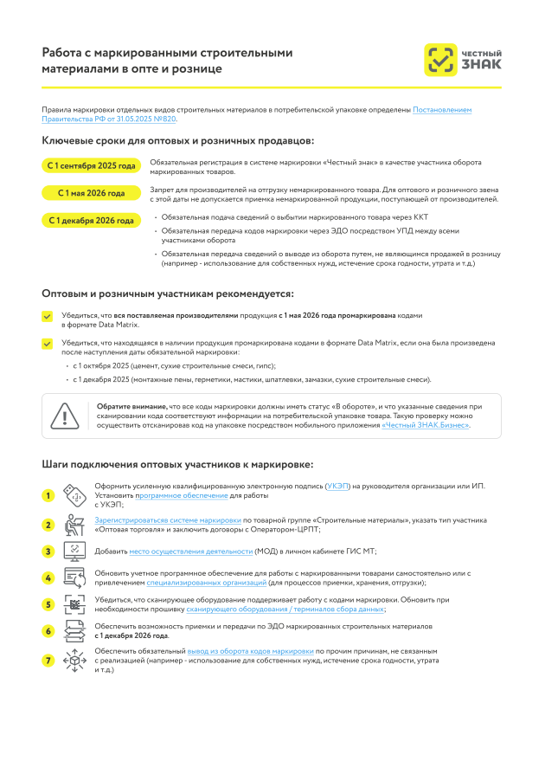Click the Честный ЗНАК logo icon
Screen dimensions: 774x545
pos(440,59)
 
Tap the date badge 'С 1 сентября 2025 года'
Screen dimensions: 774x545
pos(92,165)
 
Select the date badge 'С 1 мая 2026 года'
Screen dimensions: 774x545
pos(92,193)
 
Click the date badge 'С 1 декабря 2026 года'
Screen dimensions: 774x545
pos(92,221)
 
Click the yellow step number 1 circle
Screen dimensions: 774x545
pos(48,496)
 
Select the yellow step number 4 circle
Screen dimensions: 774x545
pos(48,578)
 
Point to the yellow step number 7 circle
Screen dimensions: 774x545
pos(48,661)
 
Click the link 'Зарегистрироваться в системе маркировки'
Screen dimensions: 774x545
pos(168,520)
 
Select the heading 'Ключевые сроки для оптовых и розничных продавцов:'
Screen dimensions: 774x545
pos(178,140)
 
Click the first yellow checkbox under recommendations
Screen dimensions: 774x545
pos(47,317)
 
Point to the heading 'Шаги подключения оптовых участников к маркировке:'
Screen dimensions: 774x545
pos(177,464)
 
